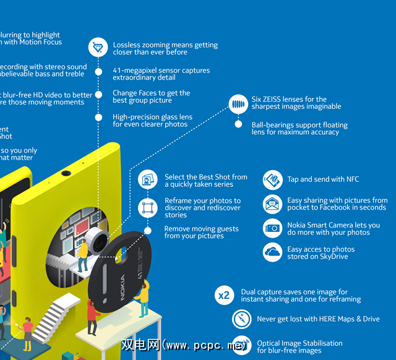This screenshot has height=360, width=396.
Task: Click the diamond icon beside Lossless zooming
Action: click(98, 48)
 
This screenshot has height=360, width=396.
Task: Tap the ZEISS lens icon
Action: click(238, 103)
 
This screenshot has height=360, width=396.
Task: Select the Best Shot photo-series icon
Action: click(148, 180)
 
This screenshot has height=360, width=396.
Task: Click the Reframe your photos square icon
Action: click(148, 207)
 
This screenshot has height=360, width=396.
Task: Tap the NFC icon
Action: click(272, 180)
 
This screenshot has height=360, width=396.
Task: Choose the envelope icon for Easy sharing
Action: click(272, 204)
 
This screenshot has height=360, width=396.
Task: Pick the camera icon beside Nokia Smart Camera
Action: click(272, 228)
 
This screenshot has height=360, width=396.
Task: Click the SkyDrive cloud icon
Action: click(272, 252)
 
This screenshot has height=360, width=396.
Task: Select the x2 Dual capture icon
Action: click(223, 296)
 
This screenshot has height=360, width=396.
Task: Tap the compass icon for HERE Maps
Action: click(241, 319)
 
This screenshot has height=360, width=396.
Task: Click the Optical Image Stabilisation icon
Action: click(241, 346)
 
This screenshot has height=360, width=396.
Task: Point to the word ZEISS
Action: click(276, 99)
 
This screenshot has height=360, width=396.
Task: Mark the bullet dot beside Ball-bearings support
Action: click(238, 124)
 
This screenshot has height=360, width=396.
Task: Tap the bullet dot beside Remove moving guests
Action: click(148, 230)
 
